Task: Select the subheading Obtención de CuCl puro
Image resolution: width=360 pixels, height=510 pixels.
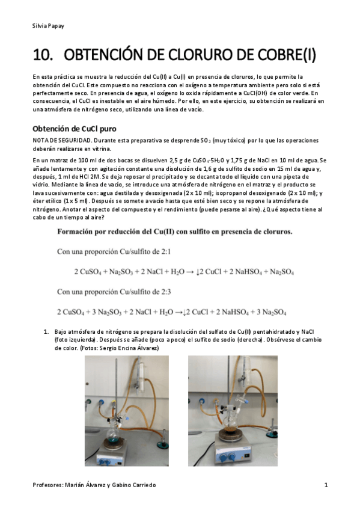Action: tap(74, 129)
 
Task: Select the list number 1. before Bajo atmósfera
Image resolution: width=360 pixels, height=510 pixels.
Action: tap(45, 332)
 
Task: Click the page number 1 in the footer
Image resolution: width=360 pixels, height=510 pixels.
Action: tap(326, 485)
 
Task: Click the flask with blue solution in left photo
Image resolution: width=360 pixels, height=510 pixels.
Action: tap(113, 428)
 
